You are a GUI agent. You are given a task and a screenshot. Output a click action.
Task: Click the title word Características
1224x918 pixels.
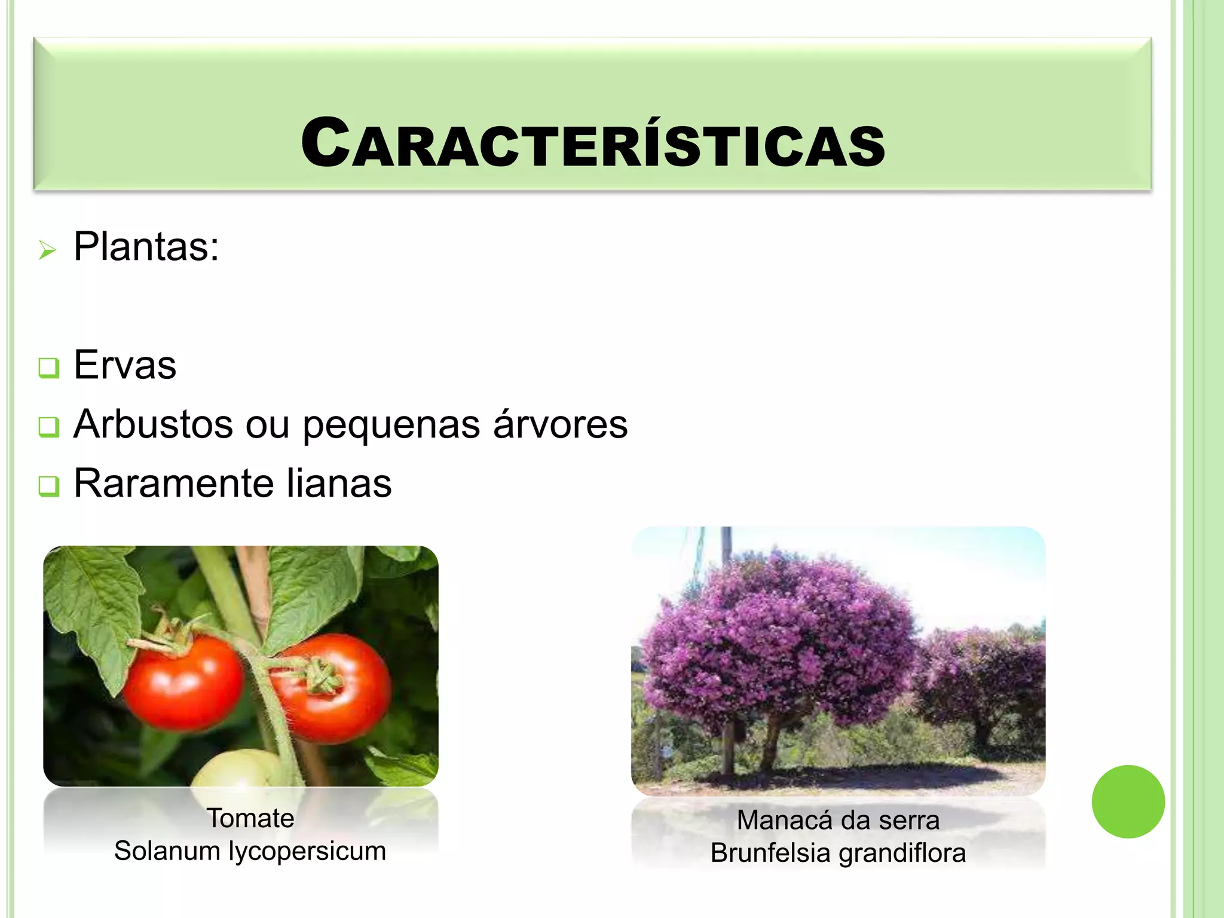592,143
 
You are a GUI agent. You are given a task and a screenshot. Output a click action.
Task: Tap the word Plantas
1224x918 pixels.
146,246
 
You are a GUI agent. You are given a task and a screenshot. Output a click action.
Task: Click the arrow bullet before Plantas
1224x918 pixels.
47,250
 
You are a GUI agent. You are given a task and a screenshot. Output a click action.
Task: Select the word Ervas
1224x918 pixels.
125,365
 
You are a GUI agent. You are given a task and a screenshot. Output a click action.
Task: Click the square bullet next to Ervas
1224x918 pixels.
48,367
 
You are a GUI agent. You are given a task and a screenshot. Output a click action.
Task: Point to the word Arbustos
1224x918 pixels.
153,424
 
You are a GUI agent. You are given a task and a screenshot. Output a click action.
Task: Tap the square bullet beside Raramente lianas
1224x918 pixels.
48,485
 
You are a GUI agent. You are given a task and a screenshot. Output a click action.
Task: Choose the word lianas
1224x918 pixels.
339,483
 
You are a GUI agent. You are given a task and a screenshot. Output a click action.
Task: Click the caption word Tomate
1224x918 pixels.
250,818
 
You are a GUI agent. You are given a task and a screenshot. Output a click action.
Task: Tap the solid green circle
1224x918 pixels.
1128,801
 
